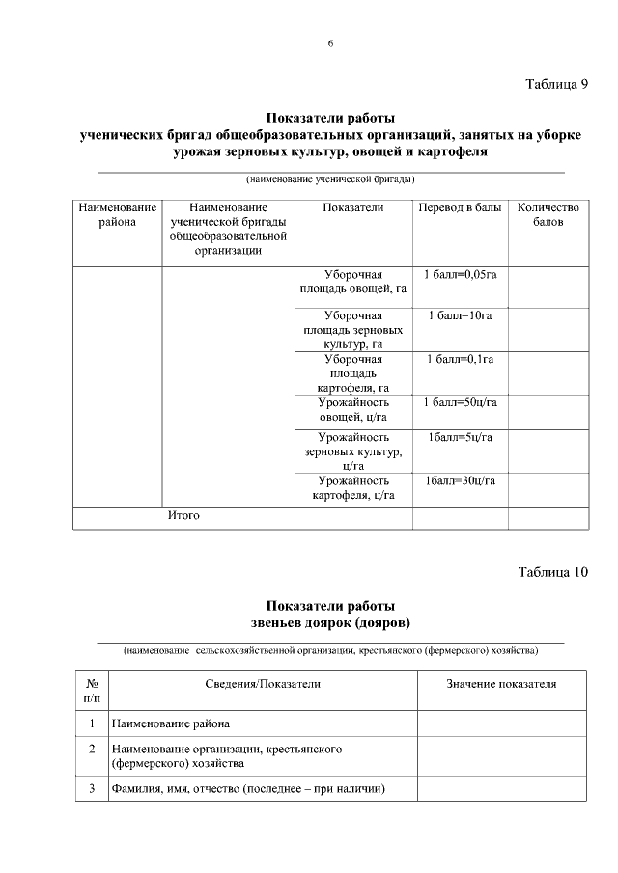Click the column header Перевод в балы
click(460, 208)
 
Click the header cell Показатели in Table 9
click(353, 208)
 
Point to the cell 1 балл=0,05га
click(460, 275)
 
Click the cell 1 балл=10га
click(460, 315)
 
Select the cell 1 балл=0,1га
click(460, 359)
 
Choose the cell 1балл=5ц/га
click(460, 438)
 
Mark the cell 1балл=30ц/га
click(460, 480)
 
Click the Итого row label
click(183, 516)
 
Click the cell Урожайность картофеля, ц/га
click(353, 488)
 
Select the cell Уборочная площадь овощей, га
click(353, 282)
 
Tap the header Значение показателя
click(501, 684)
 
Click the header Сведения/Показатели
click(263, 684)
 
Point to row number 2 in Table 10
click(91, 749)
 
